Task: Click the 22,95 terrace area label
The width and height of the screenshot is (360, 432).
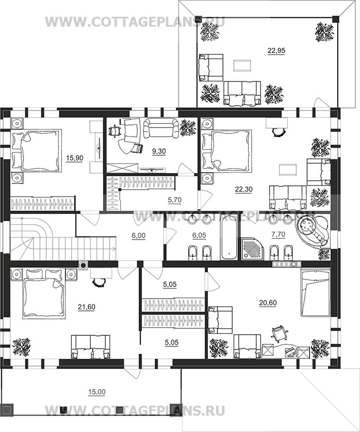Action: (276, 50)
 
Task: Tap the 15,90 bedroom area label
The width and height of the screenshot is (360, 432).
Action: (74, 158)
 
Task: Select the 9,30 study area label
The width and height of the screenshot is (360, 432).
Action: (159, 151)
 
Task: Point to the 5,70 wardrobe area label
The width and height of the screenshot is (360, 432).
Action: (174, 200)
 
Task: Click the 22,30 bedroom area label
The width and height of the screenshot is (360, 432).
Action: (244, 189)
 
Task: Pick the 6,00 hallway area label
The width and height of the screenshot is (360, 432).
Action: (138, 235)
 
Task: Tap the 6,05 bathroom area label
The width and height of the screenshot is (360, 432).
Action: (199, 235)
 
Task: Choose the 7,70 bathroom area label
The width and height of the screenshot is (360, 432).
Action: (279, 234)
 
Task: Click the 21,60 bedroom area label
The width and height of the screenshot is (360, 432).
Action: (87, 307)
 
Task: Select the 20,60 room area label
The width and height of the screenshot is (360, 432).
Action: (268, 303)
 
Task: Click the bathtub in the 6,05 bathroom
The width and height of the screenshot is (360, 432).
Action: (229, 238)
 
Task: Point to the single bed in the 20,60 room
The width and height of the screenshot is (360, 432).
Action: (315, 293)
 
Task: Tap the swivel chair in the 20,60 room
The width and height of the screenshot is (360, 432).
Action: (280, 332)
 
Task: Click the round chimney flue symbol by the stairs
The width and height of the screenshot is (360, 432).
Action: (83, 265)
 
